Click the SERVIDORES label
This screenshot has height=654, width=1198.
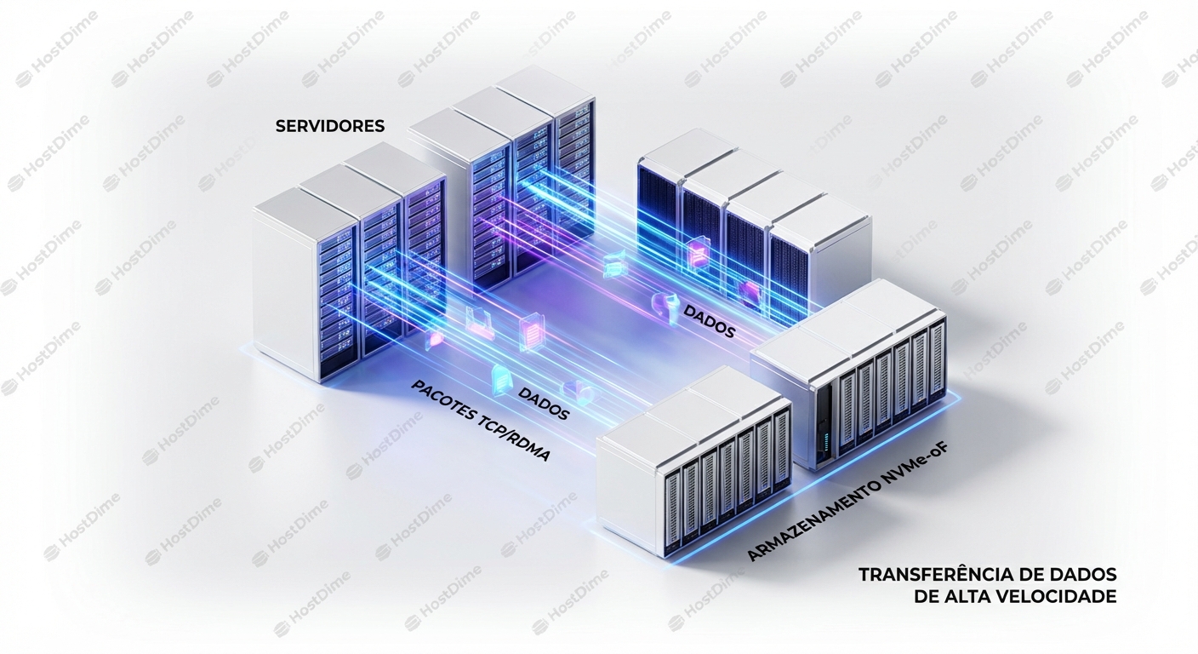pyautogui.click(x=330, y=126)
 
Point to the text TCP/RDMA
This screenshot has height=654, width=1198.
pyautogui.click(x=515, y=440)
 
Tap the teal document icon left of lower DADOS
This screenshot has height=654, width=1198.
pyautogui.click(x=499, y=375)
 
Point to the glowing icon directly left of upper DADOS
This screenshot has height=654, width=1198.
pyautogui.click(x=664, y=303)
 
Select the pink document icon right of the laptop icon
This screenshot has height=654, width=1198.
pyautogui.click(x=531, y=330)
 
